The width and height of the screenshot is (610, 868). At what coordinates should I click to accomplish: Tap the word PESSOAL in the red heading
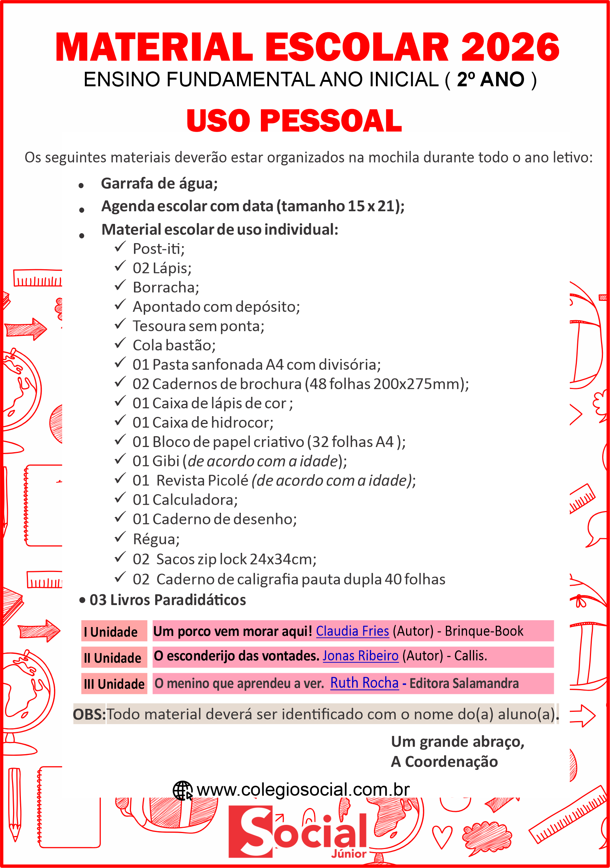point(331,121)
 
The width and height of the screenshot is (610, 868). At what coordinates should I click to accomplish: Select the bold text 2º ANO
point(491,80)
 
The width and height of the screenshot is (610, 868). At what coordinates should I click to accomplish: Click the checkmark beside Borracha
point(120,286)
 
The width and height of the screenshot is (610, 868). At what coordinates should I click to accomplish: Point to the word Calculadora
point(195,500)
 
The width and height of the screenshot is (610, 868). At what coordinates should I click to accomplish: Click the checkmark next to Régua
point(120,537)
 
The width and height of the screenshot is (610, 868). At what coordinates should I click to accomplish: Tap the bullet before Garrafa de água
point(81,186)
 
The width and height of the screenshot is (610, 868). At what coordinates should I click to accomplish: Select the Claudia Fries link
point(352,631)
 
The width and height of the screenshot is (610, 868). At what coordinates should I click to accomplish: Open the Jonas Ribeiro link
point(360,656)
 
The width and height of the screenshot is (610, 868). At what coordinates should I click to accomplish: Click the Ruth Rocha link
point(364,683)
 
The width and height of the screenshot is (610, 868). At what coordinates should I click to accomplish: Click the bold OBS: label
point(89,714)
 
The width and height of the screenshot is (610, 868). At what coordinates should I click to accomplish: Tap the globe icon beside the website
point(182,790)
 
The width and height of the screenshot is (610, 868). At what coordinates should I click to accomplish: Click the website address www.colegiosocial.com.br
point(303,790)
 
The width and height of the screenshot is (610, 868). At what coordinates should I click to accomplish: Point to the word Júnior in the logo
point(348,854)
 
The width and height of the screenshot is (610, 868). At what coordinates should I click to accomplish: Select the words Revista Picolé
point(202,481)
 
